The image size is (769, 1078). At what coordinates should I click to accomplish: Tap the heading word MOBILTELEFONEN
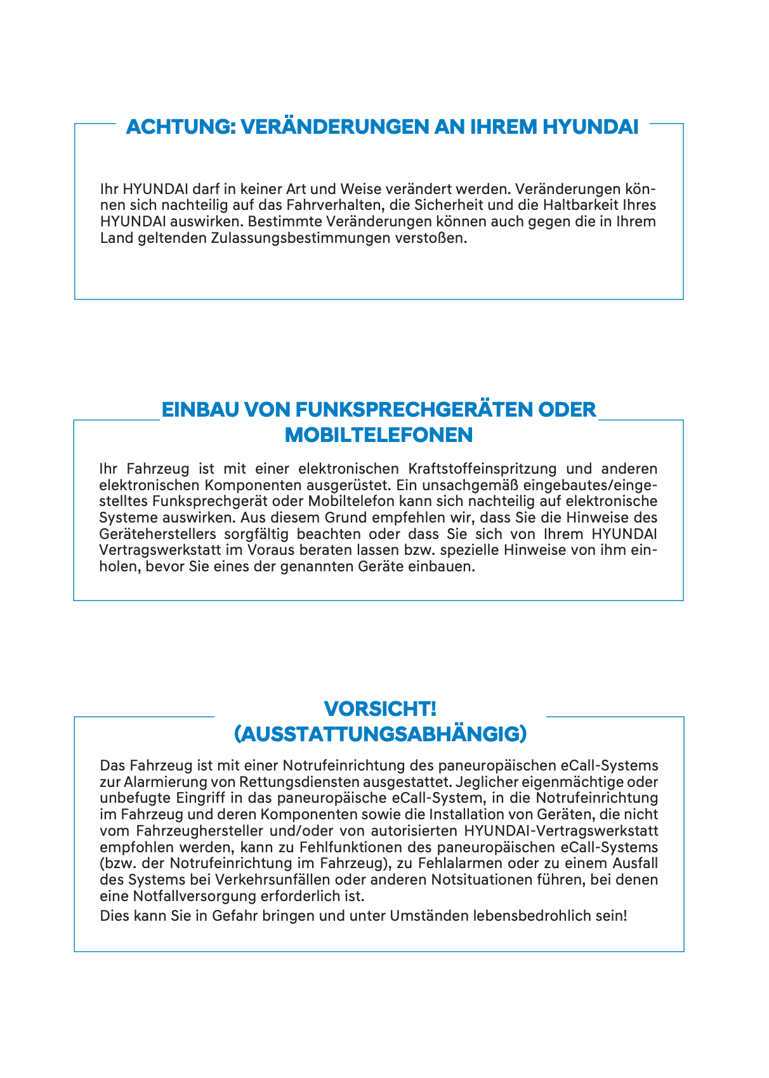click(379, 435)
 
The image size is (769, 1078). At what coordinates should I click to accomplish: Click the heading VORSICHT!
click(380, 708)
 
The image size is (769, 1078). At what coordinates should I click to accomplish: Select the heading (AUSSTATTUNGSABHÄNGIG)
click(380, 734)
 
